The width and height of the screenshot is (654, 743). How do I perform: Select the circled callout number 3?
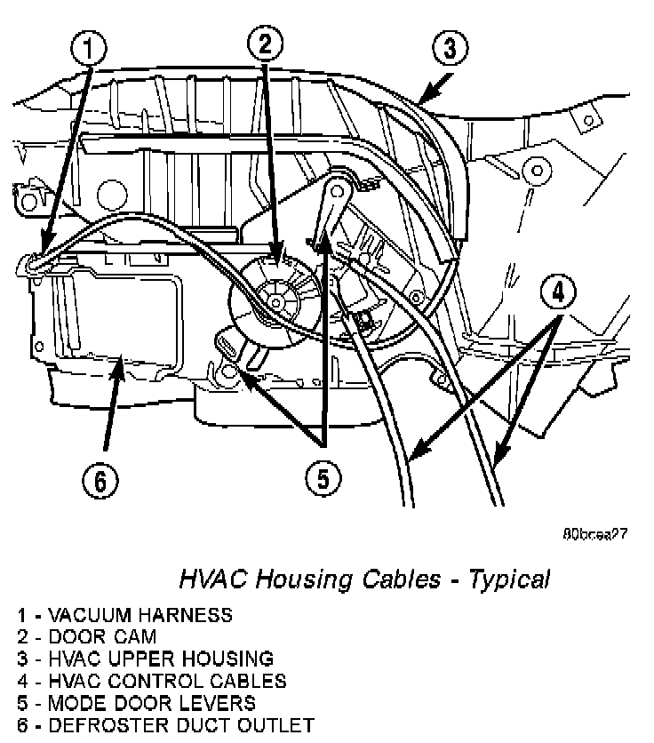tap(451, 48)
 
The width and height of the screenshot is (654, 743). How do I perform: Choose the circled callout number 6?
tap(100, 482)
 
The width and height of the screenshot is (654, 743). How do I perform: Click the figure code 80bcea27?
tap(595, 536)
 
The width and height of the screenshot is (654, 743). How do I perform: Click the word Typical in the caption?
tap(508, 580)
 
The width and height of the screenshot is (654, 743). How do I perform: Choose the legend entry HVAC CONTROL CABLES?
tap(150, 681)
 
